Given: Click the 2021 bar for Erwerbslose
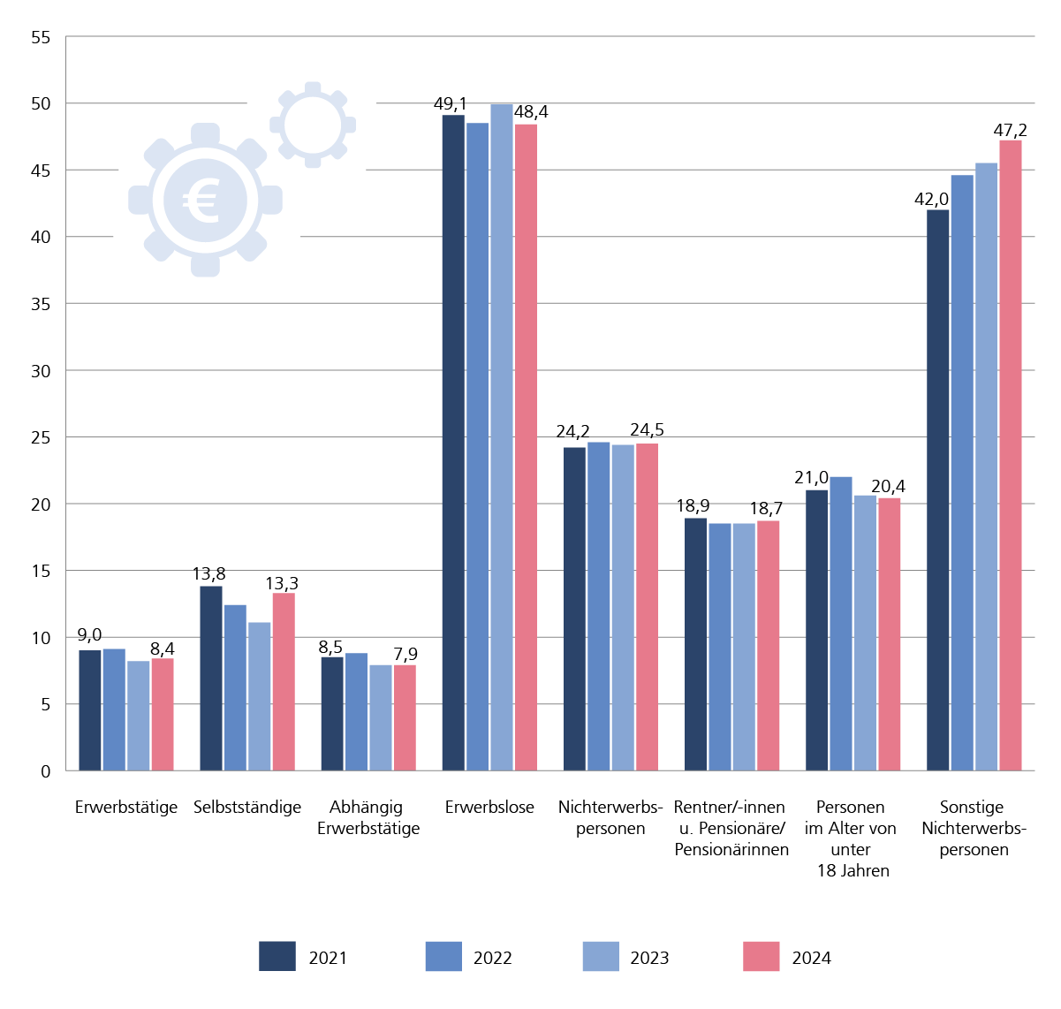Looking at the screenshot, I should pos(453,443).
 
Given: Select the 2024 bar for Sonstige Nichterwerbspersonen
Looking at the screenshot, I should pos(1011,455).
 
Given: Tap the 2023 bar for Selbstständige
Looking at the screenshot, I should pos(260,696).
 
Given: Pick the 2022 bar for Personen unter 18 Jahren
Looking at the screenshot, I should pos(841,624).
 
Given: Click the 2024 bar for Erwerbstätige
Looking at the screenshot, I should pos(163,714).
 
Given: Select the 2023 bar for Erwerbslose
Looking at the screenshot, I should pos(502,437).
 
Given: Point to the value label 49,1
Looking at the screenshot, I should pos(450,104).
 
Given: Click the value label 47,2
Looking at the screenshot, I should pos(1010,131).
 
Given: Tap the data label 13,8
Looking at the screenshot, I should pos(208,575).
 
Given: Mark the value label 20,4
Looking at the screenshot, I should pos(888,487).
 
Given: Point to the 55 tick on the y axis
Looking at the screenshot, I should pos(41,38).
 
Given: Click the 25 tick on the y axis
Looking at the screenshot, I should pos(41,438).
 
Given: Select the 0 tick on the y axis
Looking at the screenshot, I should pos(46,771).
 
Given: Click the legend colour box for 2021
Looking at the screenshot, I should pos(277,957).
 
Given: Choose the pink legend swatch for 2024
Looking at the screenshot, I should pos(761,957).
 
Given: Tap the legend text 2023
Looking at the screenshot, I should pos(649,959).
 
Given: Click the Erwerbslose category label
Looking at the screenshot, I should pos(489,808).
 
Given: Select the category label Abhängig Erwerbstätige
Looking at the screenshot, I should pos(368,818).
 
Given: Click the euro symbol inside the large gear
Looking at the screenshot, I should pos(204,201).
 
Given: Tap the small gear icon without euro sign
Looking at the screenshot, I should pos(313,125).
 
